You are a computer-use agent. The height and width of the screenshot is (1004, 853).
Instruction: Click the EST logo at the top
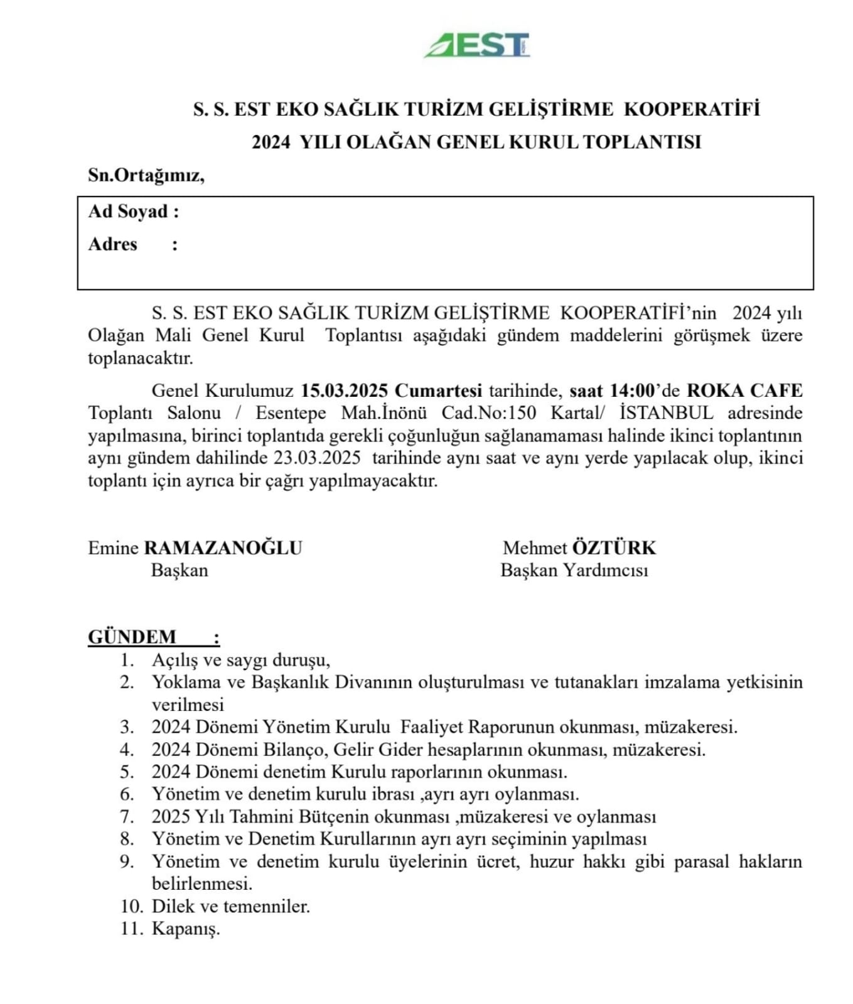(x=477, y=45)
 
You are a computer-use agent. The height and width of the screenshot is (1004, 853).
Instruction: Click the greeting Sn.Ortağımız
(x=146, y=175)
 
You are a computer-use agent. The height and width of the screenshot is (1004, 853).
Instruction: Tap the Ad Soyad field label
(x=133, y=212)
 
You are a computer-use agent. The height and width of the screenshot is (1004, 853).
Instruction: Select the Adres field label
(x=113, y=244)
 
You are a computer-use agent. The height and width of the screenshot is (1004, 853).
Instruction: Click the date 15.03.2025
(x=344, y=391)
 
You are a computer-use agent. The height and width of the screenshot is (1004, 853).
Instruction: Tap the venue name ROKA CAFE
(x=744, y=391)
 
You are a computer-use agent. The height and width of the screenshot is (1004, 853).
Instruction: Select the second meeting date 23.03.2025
(x=317, y=458)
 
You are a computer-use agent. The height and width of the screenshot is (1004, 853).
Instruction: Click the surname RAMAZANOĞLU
(x=223, y=548)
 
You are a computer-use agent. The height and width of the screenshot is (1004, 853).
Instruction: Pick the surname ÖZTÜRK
(x=614, y=548)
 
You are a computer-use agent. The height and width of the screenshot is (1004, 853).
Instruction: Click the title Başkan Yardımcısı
(x=574, y=571)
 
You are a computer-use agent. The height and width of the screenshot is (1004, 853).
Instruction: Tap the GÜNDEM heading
(x=132, y=637)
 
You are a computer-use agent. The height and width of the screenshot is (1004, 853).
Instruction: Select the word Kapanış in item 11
(x=186, y=929)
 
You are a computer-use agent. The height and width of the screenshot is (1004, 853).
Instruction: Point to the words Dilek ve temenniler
(x=231, y=907)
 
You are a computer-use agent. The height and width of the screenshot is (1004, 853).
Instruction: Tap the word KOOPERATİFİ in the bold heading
(x=692, y=110)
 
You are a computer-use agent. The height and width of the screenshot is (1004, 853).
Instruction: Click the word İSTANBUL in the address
(x=667, y=413)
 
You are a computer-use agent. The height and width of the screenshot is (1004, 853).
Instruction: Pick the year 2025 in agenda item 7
(x=171, y=817)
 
